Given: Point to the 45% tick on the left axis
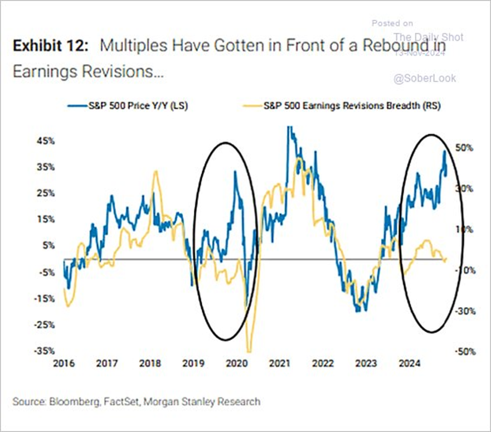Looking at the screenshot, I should tap(46, 141).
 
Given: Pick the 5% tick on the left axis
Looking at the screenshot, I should tap(48, 245).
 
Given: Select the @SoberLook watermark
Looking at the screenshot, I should tap(425, 79).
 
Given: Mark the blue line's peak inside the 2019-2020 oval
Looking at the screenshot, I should tap(235, 171).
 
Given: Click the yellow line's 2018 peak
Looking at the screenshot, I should tap(157, 171).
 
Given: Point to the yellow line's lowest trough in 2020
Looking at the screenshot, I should tap(249, 351).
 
